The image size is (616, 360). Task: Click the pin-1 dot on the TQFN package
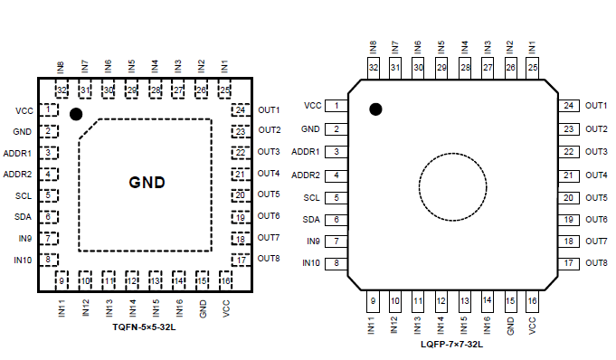click(76, 114)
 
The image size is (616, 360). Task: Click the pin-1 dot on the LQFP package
click(375, 109)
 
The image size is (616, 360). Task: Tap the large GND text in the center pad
click(147, 183)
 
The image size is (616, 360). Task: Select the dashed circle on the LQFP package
click(419, 187)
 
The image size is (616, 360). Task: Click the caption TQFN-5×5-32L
click(144, 327)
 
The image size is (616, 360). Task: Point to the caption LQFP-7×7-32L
click(451, 345)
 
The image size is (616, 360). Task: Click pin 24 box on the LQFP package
click(568, 106)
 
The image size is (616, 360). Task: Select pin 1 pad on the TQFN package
click(49, 109)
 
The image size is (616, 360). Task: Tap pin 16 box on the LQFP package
click(532, 301)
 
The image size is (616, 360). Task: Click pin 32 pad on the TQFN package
click(62, 90)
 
